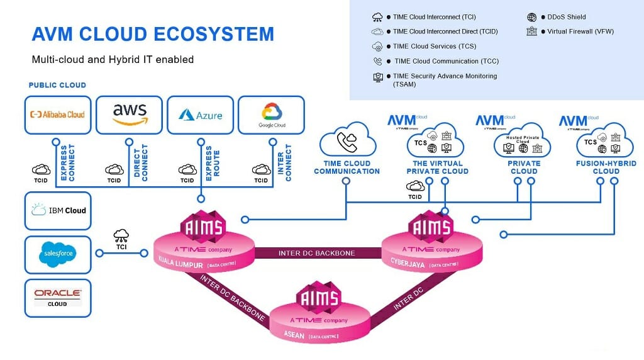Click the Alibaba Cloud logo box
[57, 115]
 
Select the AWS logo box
[129, 115]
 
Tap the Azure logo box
[200, 115]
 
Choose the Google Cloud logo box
[272, 115]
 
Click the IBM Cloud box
[58, 210]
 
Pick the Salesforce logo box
[58, 254]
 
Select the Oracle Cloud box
[58, 298]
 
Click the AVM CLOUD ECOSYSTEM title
[153, 33]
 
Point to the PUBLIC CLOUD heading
[57, 85]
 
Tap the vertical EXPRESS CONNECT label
[67, 163]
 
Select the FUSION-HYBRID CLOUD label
[606, 167]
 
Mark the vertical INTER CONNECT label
[285, 163]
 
